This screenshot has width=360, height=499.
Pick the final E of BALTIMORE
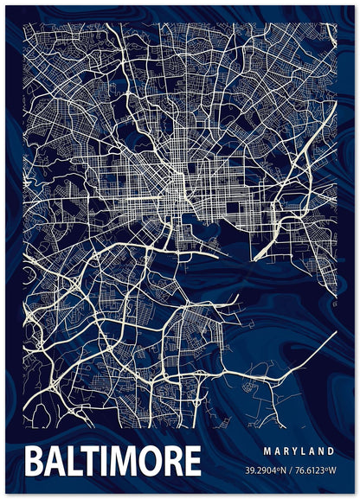point(192,462)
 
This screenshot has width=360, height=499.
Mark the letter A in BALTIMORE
point(55,462)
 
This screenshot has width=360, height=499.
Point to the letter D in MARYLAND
point(331,451)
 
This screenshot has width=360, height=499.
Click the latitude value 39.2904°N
point(267,470)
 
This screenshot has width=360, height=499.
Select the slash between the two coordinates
point(292,470)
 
